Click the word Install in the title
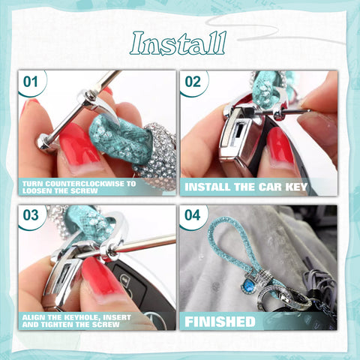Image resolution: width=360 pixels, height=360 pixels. (178, 44)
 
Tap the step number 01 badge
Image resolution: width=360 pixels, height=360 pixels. (31, 81)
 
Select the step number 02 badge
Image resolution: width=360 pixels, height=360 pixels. (193, 81)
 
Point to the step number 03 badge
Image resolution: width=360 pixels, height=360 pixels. (31, 216)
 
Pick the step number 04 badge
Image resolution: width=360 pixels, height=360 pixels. (193, 216)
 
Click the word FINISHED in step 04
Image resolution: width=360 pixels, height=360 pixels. (220, 322)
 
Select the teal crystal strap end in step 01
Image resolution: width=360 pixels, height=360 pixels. (120, 139)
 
